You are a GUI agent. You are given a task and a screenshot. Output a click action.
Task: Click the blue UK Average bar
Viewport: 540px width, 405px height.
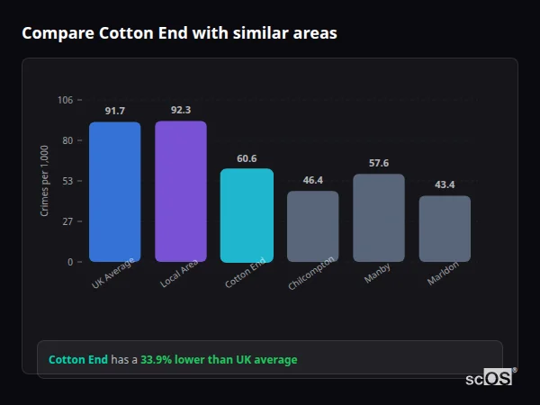(114, 192)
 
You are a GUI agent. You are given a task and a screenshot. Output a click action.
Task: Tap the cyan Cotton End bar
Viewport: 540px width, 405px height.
(247, 215)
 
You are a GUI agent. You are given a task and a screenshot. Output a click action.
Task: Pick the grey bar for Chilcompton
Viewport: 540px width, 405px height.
(312, 226)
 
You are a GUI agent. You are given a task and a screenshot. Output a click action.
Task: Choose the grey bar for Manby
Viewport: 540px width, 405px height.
(379, 218)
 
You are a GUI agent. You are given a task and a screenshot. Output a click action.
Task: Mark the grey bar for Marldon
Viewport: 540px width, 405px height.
(445, 229)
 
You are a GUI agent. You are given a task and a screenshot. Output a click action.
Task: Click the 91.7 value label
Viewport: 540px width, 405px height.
(114, 111)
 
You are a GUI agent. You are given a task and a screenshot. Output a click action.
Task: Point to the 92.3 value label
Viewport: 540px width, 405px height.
(180, 110)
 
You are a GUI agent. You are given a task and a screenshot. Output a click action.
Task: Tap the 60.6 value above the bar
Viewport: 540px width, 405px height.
(247, 158)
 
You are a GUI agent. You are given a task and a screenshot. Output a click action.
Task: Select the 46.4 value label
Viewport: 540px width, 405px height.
(312, 180)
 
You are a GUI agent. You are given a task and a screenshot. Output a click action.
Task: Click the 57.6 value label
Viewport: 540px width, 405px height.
(379, 163)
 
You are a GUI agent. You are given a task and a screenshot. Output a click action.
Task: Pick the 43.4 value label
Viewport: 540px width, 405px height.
(445, 184)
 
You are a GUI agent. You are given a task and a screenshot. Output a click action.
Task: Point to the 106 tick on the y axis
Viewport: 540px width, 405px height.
(65, 100)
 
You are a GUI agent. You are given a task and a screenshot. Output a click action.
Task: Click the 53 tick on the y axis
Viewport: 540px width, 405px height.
(67, 181)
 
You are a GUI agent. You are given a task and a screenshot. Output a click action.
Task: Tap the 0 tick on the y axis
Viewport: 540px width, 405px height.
(69, 262)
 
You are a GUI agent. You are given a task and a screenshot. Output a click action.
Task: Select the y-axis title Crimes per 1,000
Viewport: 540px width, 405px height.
(45, 181)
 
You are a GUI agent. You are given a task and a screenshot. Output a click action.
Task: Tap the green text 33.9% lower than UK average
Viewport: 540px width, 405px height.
(219, 360)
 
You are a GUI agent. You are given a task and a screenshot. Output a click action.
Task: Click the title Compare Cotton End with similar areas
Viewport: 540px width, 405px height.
(180, 33)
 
